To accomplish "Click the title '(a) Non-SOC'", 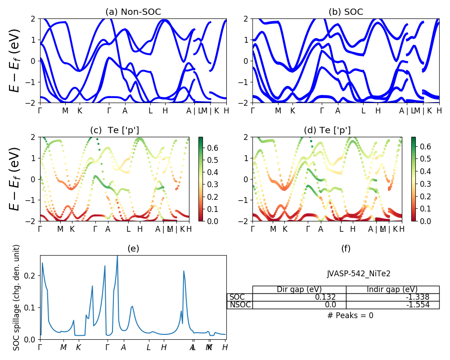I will pos(133,12).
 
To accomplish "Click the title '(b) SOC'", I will pos(346,12).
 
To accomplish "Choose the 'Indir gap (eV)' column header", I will pos(392,289).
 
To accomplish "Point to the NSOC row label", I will pos(239,305).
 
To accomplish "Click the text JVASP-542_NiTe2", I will pos(355,273).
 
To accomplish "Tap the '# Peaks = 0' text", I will pos(350,315).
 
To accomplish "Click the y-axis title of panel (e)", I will pos(17,297).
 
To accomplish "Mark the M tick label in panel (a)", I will pos(65,111).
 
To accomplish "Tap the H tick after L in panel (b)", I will pos(378,111).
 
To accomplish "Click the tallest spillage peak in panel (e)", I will pos(117,256).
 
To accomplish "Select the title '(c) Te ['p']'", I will pos(114,130).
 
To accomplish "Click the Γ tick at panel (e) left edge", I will pos(40,347).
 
